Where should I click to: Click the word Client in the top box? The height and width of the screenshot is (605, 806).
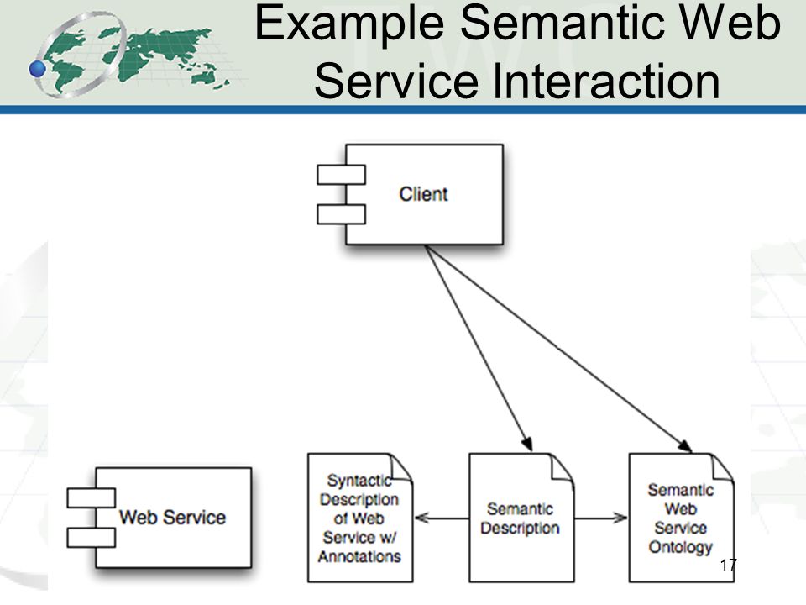(423, 194)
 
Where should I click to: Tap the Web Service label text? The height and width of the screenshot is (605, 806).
(173, 517)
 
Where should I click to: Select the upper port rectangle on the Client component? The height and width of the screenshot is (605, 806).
(342, 175)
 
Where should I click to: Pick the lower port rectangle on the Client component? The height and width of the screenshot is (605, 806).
(342, 214)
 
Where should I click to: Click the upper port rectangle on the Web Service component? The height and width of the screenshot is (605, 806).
(91, 498)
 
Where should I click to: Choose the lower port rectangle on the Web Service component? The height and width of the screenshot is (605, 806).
(91, 538)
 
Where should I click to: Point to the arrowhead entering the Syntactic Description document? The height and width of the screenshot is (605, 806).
(421, 518)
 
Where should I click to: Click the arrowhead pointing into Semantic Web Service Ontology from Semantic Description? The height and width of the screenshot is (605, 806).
(620, 518)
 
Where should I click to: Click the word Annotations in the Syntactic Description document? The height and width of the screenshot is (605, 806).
(359, 556)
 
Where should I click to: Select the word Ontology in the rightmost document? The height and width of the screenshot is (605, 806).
(681, 547)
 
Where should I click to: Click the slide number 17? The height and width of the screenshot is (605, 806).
(728, 565)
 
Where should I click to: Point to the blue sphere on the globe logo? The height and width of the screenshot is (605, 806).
(37, 68)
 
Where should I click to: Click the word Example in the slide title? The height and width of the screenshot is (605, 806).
(349, 24)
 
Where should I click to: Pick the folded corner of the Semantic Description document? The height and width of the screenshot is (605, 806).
(563, 467)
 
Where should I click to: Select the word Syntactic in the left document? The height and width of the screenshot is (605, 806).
(359, 481)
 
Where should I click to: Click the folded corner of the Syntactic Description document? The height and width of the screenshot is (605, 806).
(401, 467)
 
